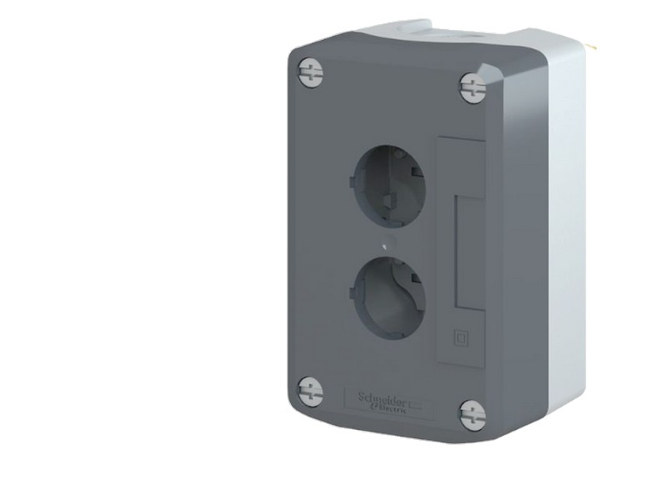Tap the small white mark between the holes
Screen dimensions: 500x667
tap(383, 246)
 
